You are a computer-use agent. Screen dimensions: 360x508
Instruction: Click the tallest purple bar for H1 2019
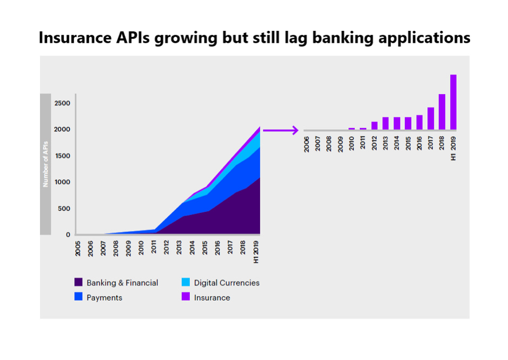453,102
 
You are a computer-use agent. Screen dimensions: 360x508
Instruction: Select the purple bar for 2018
442,112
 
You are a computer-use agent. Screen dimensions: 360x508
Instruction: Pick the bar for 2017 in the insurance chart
431,118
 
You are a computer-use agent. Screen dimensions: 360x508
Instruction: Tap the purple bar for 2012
374,125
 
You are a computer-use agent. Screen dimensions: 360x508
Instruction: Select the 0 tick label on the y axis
68,235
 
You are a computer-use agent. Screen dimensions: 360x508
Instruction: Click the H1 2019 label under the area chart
256,252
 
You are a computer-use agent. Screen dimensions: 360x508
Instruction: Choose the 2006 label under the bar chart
307,145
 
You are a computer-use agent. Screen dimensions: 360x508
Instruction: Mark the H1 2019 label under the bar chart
453,147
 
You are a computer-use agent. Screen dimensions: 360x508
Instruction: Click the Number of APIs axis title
46,164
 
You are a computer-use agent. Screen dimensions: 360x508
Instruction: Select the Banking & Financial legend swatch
78,283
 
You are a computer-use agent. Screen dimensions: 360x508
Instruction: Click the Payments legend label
104,298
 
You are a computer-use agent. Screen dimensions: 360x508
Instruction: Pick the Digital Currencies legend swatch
186,283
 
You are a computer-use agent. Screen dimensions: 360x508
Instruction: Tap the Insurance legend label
212,298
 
